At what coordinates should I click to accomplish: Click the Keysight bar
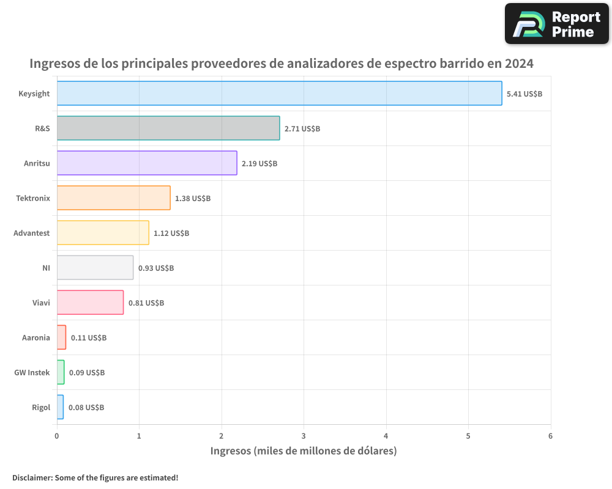[279, 94]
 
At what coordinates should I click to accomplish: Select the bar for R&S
[168, 128]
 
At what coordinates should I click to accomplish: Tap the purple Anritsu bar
[147, 163]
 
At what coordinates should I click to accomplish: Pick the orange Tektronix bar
[114, 198]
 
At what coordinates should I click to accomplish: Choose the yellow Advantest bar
[103, 233]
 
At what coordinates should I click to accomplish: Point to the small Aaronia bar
[61, 337]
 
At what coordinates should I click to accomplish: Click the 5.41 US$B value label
[524, 94]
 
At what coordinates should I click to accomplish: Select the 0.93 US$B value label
[156, 268]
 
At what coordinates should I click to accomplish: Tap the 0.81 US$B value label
[146, 303]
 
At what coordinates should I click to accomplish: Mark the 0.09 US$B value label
[87, 373]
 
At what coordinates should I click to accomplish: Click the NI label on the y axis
[46, 268]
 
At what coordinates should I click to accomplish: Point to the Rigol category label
[40, 408]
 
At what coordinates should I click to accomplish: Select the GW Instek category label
[32, 373]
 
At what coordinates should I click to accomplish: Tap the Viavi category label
[41, 303]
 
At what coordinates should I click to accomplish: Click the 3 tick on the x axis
[304, 436]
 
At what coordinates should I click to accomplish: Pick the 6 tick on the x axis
[550, 436]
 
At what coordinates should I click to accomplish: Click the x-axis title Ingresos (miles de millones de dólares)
[304, 451]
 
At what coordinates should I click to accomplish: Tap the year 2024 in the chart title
[519, 64]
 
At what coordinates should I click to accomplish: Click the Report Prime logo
[557, 24]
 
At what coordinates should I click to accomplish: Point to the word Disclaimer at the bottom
[32, 477]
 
